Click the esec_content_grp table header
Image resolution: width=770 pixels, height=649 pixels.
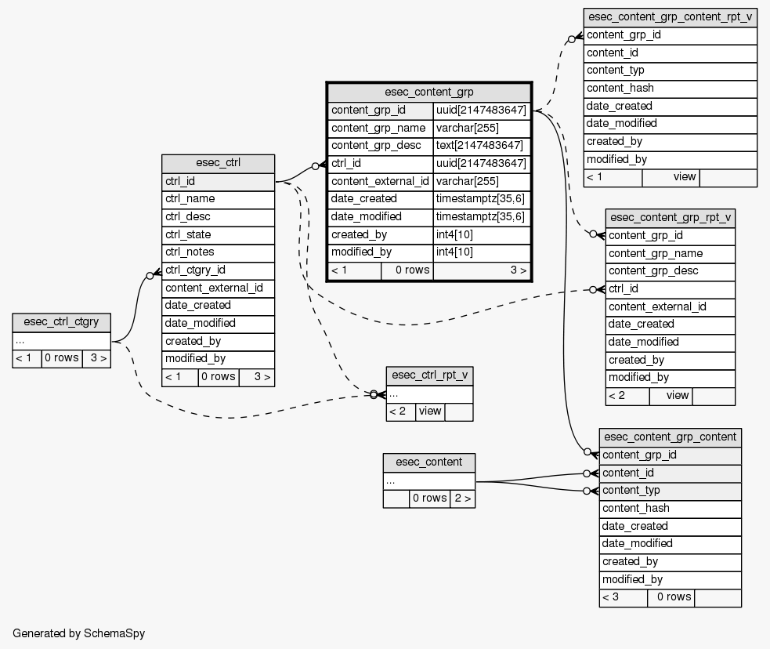[x=429, y=92]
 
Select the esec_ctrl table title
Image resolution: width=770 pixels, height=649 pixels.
[x=218, y=163]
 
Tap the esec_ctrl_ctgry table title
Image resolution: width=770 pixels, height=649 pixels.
[x=61, y=322]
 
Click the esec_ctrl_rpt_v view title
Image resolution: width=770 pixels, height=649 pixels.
[x=429, y=375]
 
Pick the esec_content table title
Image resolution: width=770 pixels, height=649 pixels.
[x=428, y=462]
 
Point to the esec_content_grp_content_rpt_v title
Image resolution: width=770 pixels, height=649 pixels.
[x=670, y=16]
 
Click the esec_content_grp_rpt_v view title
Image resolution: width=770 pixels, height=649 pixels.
[x=670, y=217]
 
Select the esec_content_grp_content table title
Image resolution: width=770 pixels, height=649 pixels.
[x=670, y=437]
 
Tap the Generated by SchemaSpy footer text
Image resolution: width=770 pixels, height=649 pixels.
[x=79, y=633]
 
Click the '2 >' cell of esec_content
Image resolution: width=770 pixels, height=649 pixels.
[x=462, y=498]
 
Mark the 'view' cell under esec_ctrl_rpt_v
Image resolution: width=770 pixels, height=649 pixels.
[x=430, y=411]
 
